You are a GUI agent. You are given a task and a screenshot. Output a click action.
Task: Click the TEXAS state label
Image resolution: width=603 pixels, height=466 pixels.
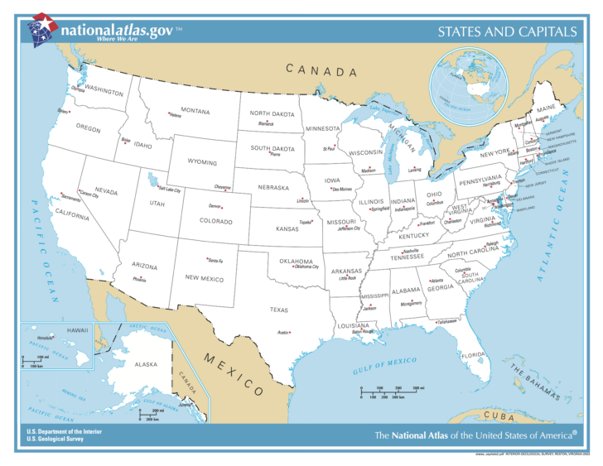[278, 310]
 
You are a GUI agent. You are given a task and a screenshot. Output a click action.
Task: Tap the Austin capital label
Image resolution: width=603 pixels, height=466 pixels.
[282, 333]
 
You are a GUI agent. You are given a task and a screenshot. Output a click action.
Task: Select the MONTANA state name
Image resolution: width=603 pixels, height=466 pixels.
[195, 111]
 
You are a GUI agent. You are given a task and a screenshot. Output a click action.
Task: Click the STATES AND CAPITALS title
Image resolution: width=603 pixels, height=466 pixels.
[507, 32]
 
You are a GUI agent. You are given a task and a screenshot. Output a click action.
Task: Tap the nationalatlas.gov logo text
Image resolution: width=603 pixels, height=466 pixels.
[116, 31]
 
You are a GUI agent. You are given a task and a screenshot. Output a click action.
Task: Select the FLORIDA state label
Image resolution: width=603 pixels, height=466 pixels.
[472, 355]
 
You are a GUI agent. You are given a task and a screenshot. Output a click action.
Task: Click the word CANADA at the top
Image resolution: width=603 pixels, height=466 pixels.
[322, 71]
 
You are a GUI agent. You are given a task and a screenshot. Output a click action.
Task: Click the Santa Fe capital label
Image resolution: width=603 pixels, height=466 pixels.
[215, 261]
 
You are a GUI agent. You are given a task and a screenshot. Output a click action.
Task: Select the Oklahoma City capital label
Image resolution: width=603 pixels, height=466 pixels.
[306, 267]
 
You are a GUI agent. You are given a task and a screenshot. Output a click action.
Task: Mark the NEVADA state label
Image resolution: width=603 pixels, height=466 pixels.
[105, 191]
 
